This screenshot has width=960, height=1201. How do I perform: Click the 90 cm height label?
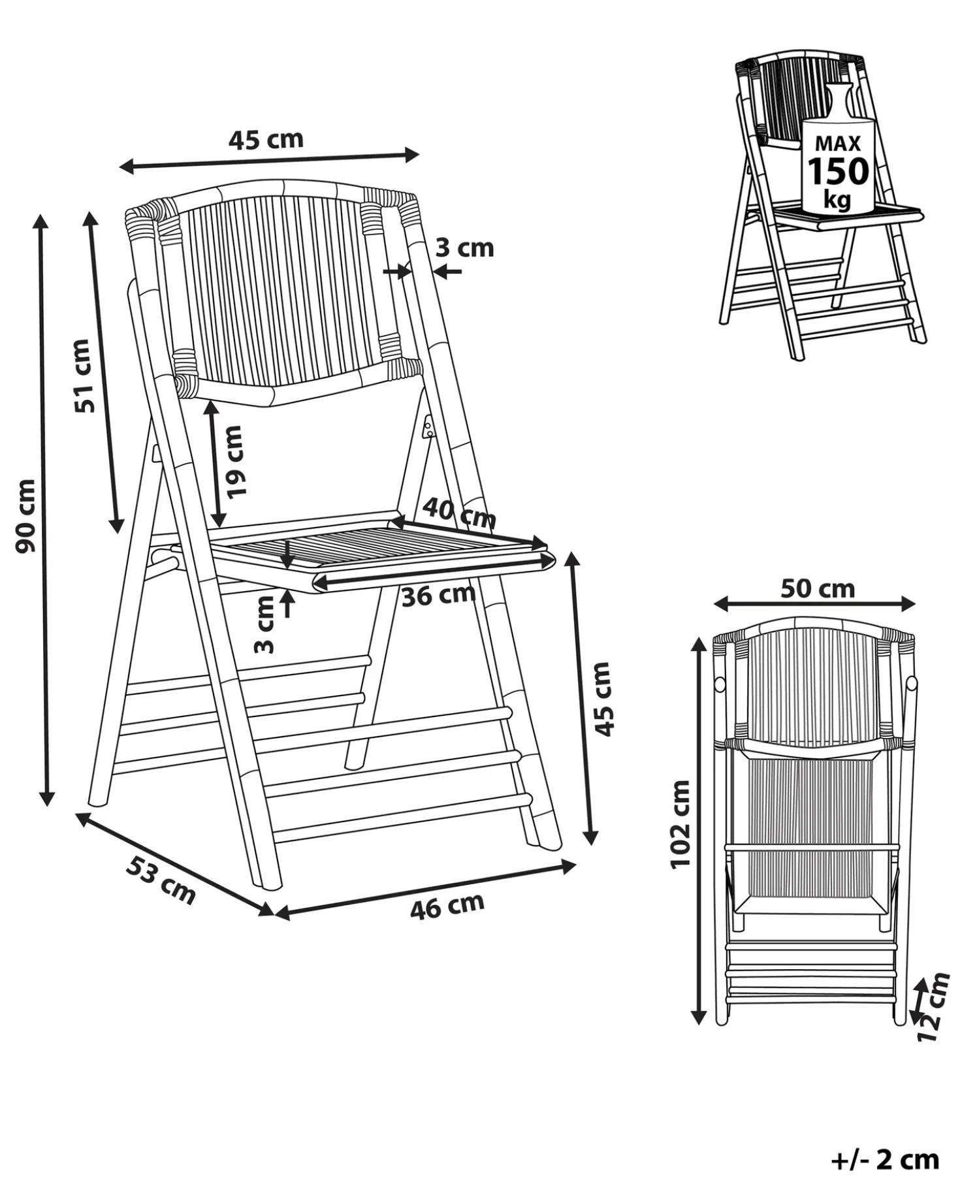26,516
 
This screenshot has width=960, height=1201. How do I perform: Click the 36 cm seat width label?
438,595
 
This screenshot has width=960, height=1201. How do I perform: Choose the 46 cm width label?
447,906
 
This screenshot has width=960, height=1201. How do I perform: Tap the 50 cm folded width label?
818,588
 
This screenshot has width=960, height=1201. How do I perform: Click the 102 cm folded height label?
680,824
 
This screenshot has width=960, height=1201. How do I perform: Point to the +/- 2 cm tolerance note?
885,1159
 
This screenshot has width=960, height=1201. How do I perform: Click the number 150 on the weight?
839,172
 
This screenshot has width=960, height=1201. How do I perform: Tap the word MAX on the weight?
838,143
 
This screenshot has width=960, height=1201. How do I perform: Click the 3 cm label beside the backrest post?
464,248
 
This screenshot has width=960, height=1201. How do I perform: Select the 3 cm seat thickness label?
264,625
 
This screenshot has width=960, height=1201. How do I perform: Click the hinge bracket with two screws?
428,428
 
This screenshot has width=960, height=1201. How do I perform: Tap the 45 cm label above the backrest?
266,139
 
